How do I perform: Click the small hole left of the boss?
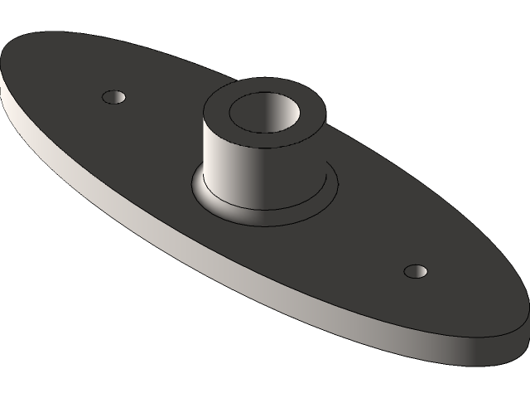coord(115,97)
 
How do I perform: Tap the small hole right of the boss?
coord(416,271)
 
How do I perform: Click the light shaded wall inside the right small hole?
coord(419,269)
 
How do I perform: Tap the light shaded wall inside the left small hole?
coord(118,96)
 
